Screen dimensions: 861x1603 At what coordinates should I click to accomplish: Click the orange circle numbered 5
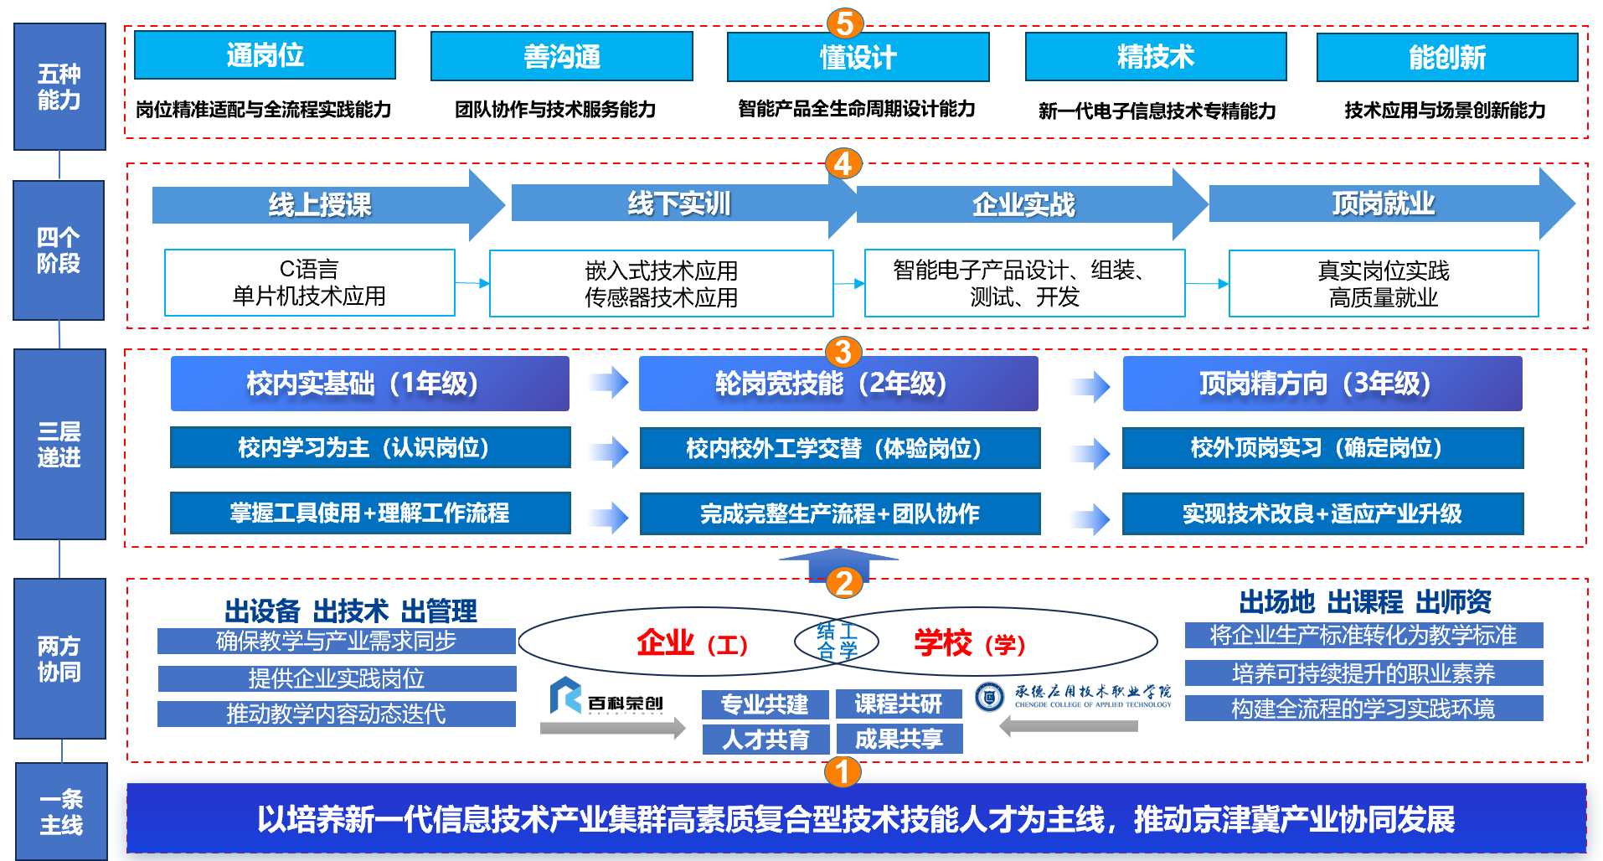pos(844,23)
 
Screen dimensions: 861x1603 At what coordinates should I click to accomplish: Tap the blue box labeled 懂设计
pos(858,57)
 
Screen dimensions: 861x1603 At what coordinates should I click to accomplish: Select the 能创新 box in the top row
pos(1446,58)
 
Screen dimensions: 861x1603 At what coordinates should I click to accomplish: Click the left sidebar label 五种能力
pos(59,87)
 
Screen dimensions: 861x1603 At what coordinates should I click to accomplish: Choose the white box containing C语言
pos(309,282)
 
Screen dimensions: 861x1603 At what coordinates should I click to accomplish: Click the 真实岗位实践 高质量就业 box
pos(1383,283)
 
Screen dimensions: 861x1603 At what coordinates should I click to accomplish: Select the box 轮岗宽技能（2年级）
pos(838,384)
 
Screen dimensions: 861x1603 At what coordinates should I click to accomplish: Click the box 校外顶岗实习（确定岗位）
pos(1322,448)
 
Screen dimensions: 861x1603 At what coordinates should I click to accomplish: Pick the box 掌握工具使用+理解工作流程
pos(369,513)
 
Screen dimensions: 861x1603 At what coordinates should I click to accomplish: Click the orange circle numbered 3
pos(843,352)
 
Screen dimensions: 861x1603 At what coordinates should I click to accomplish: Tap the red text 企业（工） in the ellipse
pos(692,643)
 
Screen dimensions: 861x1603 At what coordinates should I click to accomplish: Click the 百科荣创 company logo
pos(606,697)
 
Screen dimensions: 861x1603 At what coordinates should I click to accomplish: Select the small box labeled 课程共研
pos(899,704)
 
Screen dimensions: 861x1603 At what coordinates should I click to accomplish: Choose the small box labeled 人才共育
pos(765,740)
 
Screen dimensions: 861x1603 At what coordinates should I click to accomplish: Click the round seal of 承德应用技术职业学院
pos(989,696)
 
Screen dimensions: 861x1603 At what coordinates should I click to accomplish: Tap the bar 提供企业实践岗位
pos(337,678)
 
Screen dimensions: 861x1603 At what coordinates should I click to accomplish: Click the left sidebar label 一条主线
pos(61,812)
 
